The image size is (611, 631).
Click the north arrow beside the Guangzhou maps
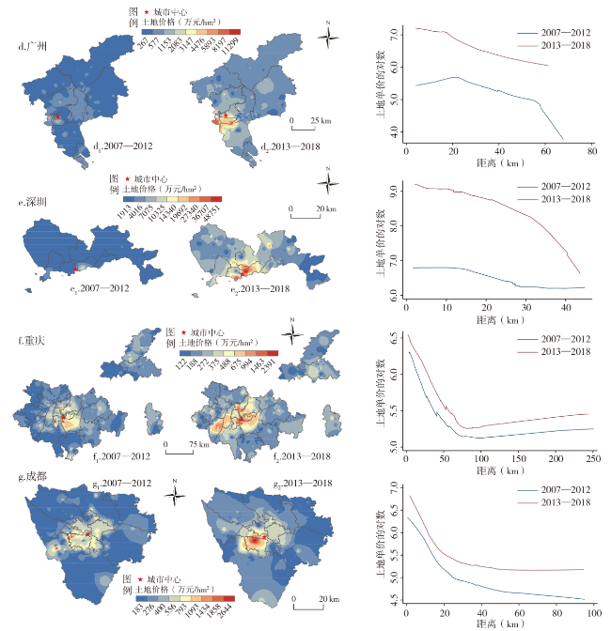click(x=329, y=38)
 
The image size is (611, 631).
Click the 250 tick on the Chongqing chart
click(x=593, y=458)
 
